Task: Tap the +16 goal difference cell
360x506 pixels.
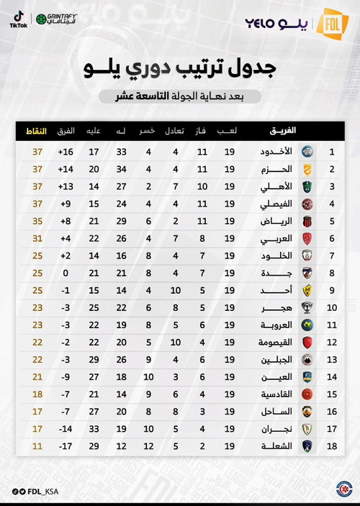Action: (66, 153)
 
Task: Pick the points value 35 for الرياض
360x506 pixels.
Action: (37, 220)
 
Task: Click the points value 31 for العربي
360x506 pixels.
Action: (37, 238)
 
